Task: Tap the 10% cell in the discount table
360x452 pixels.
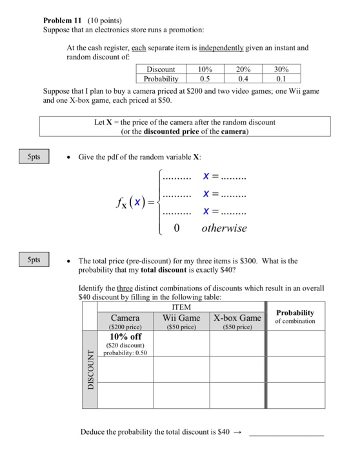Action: tap(205, 69)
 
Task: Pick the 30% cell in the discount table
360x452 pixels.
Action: tap(281, 69)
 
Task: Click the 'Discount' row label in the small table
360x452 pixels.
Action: tap(161, 69)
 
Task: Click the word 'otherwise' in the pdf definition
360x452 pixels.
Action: tap(224, 228)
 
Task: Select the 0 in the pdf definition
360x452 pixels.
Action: tap(175, 228)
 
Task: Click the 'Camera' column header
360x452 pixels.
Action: tap(125, 318)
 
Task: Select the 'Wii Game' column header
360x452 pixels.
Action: tap(181, 318)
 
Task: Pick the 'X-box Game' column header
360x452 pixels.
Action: tap(237, 318)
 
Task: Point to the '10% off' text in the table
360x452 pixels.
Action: tap(126, 336)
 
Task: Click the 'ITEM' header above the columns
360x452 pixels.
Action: tap(182, 308)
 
